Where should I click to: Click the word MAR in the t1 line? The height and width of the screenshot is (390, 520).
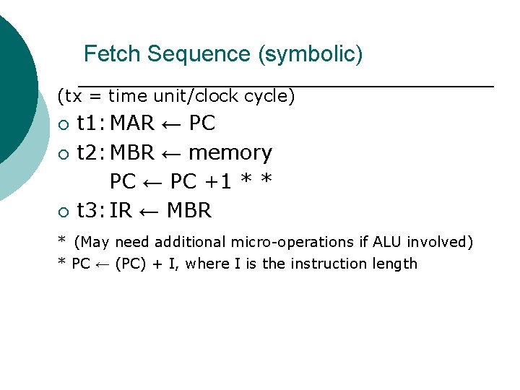[132, 123]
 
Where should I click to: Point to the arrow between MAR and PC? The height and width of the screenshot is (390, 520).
[171, 124]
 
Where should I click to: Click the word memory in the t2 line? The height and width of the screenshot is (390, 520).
[230, 153]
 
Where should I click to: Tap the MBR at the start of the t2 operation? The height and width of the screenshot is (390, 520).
[132, 153]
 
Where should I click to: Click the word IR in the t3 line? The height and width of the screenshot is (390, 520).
[121, 211]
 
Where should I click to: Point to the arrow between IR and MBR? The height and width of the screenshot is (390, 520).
[149, 212]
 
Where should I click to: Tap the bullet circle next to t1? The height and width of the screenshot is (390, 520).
[64, 125]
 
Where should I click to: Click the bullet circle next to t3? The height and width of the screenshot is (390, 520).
[64, 212]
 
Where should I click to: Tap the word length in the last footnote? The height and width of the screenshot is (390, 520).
[394, 264]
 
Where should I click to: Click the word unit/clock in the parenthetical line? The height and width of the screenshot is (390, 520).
[194, 96]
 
